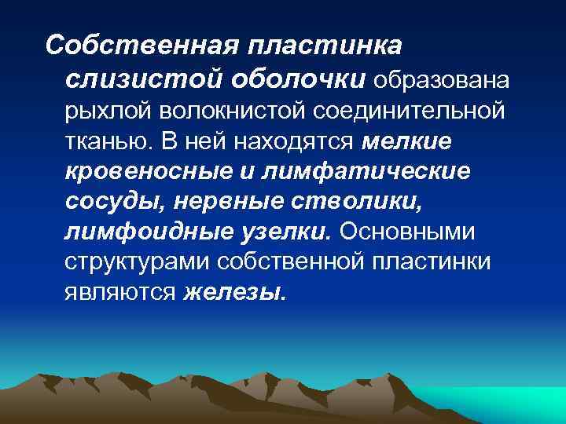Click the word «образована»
coord(444,79)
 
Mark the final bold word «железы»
coord(236,292)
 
